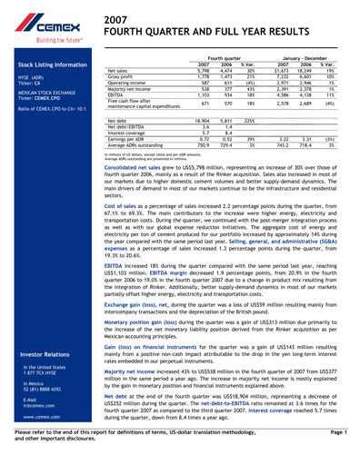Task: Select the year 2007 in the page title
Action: coord(116,19)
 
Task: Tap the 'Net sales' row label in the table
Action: coord(117,70)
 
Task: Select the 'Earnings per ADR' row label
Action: coord(125,138)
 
